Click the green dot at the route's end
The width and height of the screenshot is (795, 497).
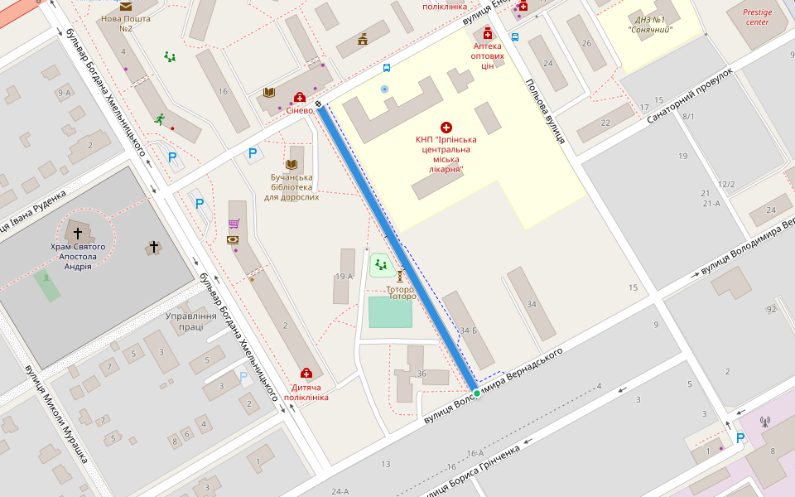(x=476, y=393)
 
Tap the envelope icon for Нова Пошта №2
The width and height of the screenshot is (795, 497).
(x=125, y=6)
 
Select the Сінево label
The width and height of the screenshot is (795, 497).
(x=300, y=110)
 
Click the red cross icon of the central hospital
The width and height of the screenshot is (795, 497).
(x=446, y=127)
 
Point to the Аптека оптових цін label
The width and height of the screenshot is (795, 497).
(x=488, y=56)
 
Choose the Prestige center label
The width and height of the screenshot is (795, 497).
(x=756, y=17)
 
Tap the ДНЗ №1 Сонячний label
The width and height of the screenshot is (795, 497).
(x=650, y=25)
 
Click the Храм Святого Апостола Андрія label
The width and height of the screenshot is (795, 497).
(x=78, y=257)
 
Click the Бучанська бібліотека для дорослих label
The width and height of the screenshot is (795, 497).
(x=291, y=187)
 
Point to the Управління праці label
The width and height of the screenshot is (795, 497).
(x=191, y=321)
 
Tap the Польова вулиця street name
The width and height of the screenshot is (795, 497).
(x=545, y=112)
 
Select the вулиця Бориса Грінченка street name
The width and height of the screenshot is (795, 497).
(x=472, y=471)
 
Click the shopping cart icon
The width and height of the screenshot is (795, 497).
(x=234, y=224)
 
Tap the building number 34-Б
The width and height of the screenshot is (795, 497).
(x=469, y=331)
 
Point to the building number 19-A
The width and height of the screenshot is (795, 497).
(x=344, y=276)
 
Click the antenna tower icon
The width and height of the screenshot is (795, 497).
(x=764, y=422)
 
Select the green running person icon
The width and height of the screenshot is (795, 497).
(x=159, y=118)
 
